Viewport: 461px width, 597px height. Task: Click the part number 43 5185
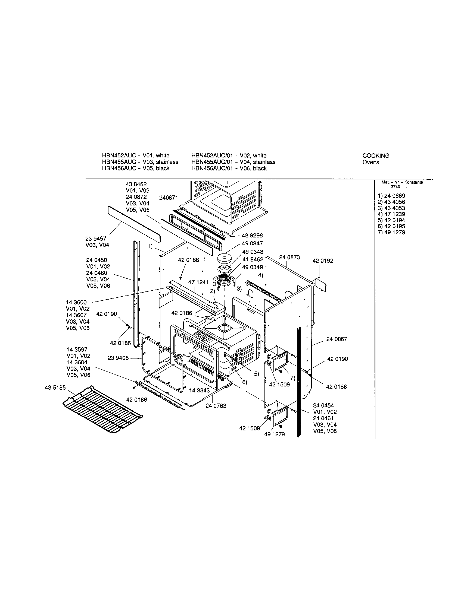pyautogui.click(x=55, y=388)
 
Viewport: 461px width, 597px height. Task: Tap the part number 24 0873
pyautogui.click(x=289, y=257)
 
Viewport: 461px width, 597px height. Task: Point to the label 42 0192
pyautogui.click(x=323, y=261)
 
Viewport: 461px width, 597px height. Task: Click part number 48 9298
pyautogui.click(x=253, y=235)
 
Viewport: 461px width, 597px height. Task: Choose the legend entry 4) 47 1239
pyautogui.click(x=391, y=214)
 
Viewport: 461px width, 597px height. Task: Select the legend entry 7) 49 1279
pyautogui.click(x=391, y=232)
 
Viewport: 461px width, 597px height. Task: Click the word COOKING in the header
pyautogui.click(x=376, y=156)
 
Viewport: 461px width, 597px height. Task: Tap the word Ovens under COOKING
pyautogui.click(x=371, y=162)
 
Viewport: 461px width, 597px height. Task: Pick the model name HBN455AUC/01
pyautogui.click(x=213, y=162)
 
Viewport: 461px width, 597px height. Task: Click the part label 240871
pyautogui.click(x=169, y=198)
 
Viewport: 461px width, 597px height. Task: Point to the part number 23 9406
pyautogui.click(x=118, y=358)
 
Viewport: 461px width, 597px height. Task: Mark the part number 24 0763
pyautogui.click(x=216, y=406)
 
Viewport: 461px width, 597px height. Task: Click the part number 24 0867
pyautogui.click(x=337, y=339)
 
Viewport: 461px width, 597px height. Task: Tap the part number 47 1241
pyautogui.click(x=198, y=282)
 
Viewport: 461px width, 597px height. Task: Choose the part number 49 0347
pyautogui.click(x=253, y=243)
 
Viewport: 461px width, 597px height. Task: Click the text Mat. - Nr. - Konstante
pyautogui.click(x=402, y=182)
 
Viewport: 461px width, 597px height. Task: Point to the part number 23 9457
pyautogui.click(x=96, y=239)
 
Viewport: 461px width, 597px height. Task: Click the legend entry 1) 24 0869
pyautogui.click(x=391, y=196)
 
